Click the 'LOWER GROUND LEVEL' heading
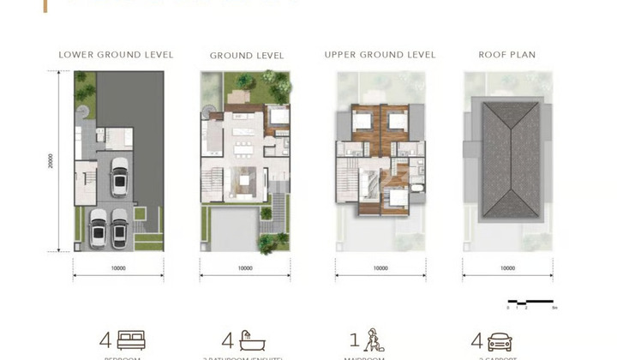(x=116, y=55)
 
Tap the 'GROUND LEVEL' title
(x=247, y=56)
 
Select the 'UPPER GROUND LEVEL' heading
(x=380, y=55)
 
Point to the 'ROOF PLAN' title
(x=506, y=55)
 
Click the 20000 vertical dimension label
(x=51, y=161)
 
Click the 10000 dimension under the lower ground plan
(x=118, y=268)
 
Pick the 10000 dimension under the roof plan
(x=507, y=268)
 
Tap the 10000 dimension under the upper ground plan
(x=380, y=268)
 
